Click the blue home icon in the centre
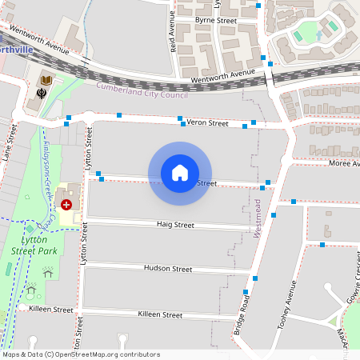[x=180, y=172]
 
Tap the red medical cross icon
[x=66, y=205]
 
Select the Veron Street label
[x=208, y=123]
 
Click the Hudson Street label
[x=168, y=269]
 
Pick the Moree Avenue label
[x=344, y=162]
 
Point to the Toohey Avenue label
[x=287, y=305]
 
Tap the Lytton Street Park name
[x=45, y=244]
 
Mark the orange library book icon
[x=46, y=79]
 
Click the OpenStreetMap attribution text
[x=80, y=354]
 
